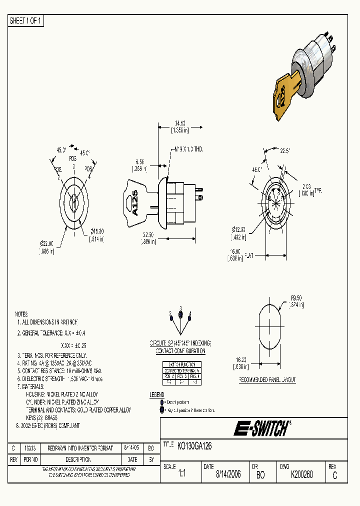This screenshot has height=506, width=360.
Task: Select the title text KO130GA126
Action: pyautogui.click(x=195, y=447)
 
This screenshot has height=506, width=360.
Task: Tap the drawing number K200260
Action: pyautogui.click(x=301, y=474)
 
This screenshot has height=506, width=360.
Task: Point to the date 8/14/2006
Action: pyautogui.click(x=228, y=474)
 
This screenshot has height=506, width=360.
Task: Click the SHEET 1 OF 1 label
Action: pyautogui.click(x=26, y=21)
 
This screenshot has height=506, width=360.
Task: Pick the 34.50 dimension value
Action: pyautogui.click(x=179, y=123)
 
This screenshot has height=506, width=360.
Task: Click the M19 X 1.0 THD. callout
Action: pyautogui.click(x=188, y=149)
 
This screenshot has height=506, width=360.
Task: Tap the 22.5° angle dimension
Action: pyautogui.click(x=285, y=150)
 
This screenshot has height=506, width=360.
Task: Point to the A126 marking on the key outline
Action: pyautogui.click(x=134, y=202)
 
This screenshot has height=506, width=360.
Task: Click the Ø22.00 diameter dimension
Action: pyautogui.click(x=47, y=243)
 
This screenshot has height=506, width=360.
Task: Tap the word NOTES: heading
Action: pyautogui.click(x=22, y=313)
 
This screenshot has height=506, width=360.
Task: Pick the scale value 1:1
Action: pyautogui.click(x=181, y=475)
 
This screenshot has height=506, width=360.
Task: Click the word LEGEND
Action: pyautogui.click(x=157, y=395)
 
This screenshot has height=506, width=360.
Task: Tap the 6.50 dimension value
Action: pyautogui.click(x=139, y=162)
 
